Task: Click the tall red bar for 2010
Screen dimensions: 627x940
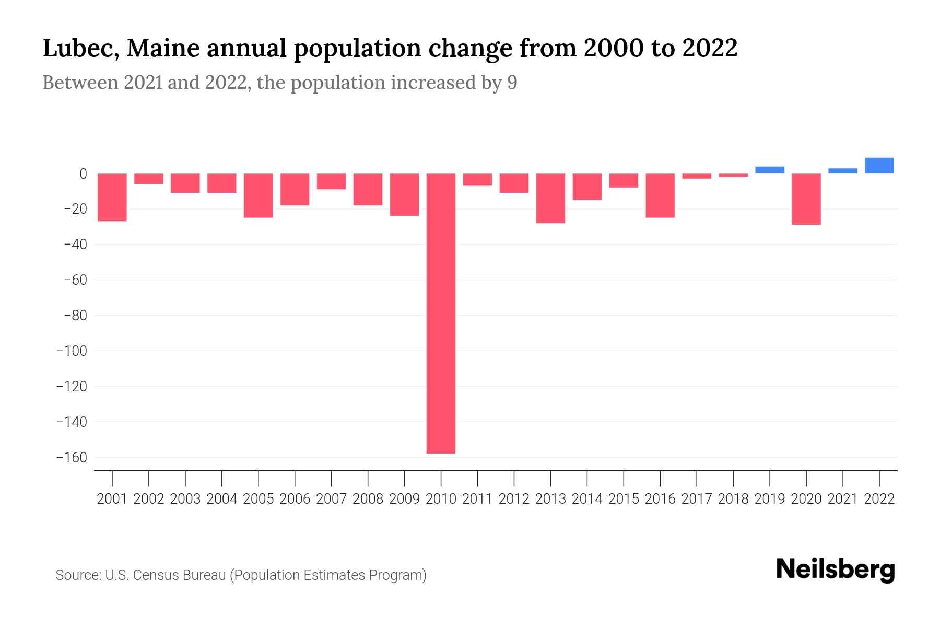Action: click(441, 313)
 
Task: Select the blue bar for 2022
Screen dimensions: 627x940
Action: click(879, 166)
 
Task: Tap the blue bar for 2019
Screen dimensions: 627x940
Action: click(769, 170)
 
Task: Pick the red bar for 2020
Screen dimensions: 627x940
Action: click(806, 199)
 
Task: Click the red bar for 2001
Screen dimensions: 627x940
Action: click(112, 198)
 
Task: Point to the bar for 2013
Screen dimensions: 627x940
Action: click(550, 198)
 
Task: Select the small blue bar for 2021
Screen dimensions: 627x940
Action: click(842, 171)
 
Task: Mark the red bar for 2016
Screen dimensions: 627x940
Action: click(660, 195)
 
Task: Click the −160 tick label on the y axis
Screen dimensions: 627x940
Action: click(72, 458)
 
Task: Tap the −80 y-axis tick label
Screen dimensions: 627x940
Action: click(75, 316)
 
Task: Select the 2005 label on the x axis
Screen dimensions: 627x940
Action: click(258, 499)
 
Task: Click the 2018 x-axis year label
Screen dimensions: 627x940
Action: click(733, 499)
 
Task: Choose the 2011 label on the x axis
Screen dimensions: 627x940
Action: click(477, 499)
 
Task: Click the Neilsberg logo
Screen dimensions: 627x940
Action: click(836, 570)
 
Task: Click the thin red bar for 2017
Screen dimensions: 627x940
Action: click(697, 176)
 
